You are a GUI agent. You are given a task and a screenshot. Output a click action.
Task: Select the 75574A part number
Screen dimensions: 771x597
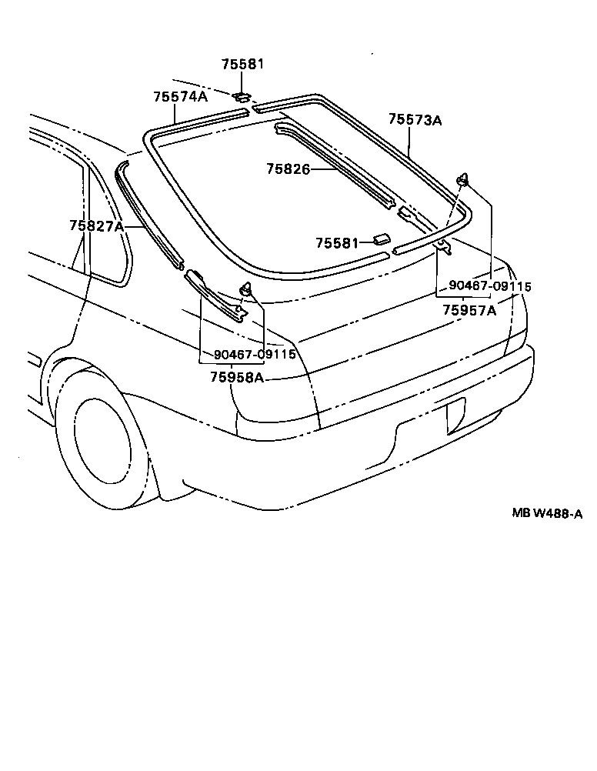click(180, 97)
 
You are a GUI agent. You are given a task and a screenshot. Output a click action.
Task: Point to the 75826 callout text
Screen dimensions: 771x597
click(288, 169)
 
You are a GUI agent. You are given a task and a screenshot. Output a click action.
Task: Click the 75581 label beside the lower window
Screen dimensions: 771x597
click(336, 243)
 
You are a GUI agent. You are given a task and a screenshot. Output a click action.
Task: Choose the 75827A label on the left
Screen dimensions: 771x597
click(95, 225)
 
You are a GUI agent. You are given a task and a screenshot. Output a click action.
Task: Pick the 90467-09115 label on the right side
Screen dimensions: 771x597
click(490, 286)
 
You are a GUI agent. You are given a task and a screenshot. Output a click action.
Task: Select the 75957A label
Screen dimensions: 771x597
click(469, 310)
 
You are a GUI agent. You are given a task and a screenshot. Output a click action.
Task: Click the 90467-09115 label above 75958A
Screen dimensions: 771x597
click(255, 355)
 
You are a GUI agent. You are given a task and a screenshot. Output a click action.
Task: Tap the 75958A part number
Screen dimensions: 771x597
click(236, 378)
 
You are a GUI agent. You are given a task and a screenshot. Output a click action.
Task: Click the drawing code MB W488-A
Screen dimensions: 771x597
click(547, 514)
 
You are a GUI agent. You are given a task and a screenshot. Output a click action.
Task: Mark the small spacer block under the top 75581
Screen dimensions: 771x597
click(241, 97)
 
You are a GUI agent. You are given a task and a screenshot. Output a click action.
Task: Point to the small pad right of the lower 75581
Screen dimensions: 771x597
click(382, 241)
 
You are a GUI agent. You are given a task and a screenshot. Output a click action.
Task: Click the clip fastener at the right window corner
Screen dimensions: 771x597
click(464, 181)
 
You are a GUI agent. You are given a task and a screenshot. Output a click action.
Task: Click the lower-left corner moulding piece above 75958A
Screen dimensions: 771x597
click(215, 294)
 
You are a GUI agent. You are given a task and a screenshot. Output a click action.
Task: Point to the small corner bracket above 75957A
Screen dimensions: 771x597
click(445, 245)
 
